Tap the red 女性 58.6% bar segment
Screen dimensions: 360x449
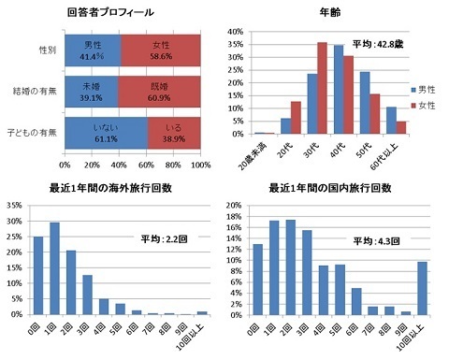160,50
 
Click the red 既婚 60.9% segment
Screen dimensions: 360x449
158,90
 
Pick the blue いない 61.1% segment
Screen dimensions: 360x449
104,129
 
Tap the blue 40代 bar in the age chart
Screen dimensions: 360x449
339,90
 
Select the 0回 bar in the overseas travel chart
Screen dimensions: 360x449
38,275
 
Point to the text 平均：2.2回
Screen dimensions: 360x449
159,238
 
